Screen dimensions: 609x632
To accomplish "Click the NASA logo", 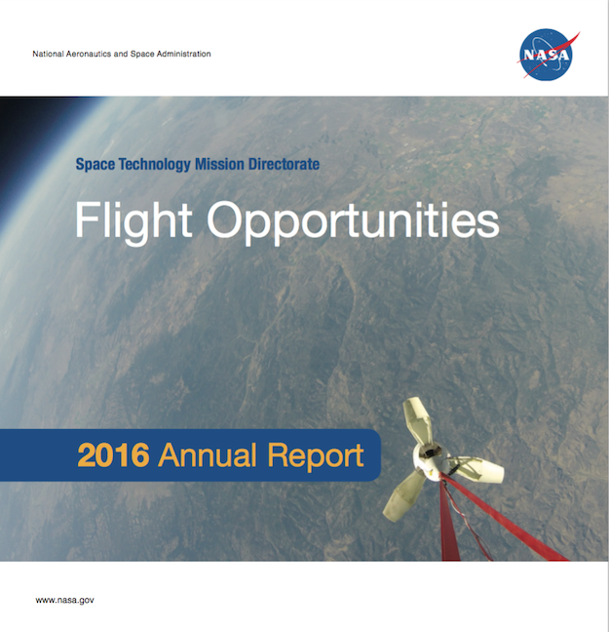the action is pos(548,55).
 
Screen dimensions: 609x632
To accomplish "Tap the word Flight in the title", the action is pos(133,221).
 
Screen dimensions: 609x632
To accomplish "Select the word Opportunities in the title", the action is pos(354,222).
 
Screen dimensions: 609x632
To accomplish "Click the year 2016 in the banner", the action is pos(113,455).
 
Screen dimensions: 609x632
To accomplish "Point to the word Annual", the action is pos(208,455).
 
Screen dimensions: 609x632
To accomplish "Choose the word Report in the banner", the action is pos(316,457).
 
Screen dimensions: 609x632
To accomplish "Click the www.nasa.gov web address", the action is pos(65,600).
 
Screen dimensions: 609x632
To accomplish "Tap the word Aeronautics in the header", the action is pos(89,54).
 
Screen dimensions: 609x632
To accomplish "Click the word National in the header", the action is pos(48,54).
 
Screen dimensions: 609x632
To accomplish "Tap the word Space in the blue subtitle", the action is pos(95,165).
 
